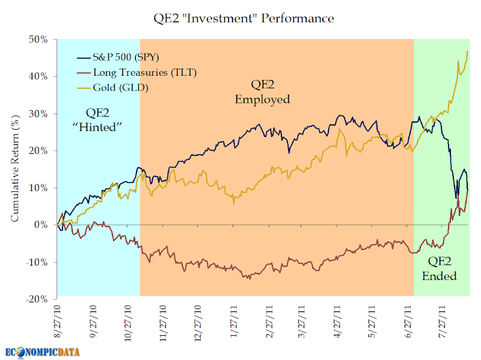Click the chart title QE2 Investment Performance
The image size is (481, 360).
click(x=244, y=18)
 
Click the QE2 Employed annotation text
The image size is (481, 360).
click(x=262, y=91)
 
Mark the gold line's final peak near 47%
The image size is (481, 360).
click(x=468, y=51)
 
